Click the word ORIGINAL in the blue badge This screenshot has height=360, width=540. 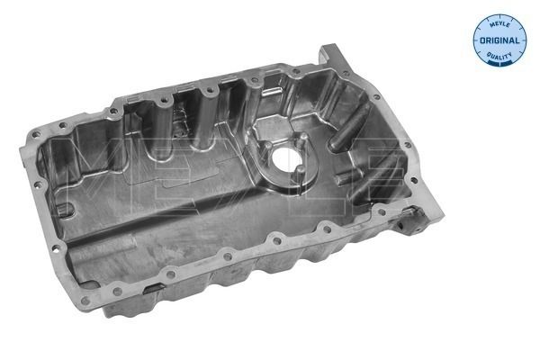499,40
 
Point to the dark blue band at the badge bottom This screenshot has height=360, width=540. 499,62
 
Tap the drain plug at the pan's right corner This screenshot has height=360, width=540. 412,216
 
